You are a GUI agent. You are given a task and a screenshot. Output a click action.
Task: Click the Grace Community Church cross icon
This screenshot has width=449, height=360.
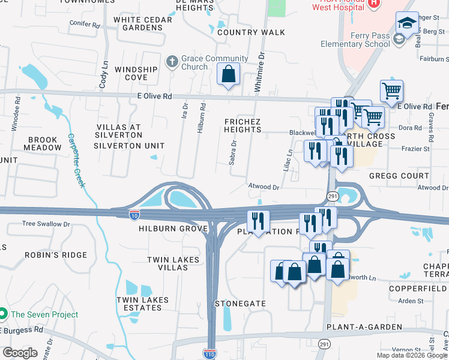[x=172, y=62]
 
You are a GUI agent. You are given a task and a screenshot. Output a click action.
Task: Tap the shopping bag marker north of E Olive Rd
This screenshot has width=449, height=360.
[x=228, y=75]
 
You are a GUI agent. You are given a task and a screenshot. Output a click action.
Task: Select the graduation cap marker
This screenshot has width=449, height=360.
[x=407, y=24]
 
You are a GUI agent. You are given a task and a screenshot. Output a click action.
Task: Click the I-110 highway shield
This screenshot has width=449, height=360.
[x=209, y=353]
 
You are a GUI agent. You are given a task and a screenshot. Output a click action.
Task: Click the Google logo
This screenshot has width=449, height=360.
[x=20, y=353]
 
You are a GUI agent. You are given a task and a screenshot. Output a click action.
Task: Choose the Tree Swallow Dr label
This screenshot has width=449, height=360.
[x=46, y=224]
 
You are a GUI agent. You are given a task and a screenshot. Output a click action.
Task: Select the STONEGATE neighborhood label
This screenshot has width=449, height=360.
[x=240, y=304]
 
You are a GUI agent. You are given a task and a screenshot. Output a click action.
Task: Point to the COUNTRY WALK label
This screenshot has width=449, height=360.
[x=251, y=32]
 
